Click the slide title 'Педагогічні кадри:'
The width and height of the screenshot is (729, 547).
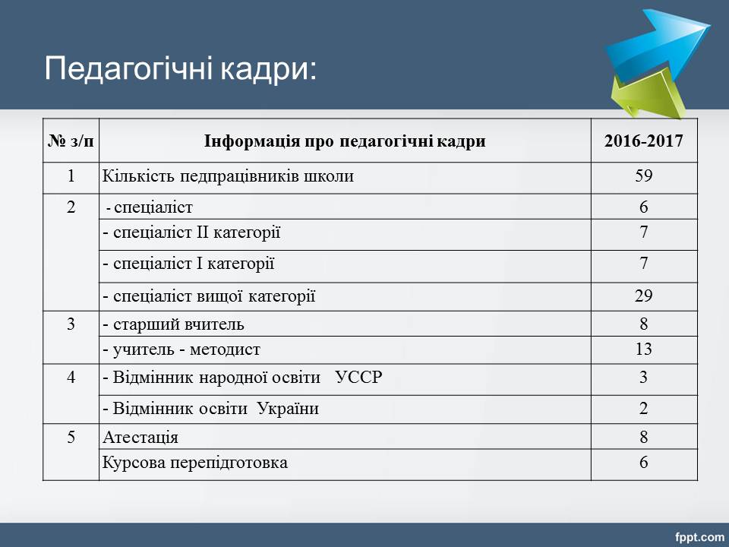click(181, 70)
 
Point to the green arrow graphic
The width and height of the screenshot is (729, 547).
click(648, 96)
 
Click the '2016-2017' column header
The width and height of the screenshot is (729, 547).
click(643, 141)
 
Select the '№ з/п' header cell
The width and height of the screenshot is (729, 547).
click(71, 141)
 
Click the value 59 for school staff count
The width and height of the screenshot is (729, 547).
click(644, 175)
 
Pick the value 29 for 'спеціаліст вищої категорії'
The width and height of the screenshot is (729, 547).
click(644, 296)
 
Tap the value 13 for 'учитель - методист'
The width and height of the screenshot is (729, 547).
click(644, 349)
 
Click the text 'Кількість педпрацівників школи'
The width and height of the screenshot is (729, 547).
click(228, 176)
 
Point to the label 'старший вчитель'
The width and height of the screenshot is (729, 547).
click(178, 324)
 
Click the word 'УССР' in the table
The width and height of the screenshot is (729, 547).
click(358, 377)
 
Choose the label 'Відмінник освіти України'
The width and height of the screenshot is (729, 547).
click(216, 409)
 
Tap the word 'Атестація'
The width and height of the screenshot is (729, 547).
click(140, 438)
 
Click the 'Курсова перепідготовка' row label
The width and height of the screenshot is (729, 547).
click(195, 463)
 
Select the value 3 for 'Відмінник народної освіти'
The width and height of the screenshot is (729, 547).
click(643, 377)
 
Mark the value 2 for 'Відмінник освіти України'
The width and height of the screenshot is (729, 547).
click(643, 409)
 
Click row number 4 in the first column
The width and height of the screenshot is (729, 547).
click(71, 377)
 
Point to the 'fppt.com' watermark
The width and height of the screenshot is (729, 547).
click(699, 538)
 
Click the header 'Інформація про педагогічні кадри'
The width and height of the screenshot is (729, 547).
click(345, 141)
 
